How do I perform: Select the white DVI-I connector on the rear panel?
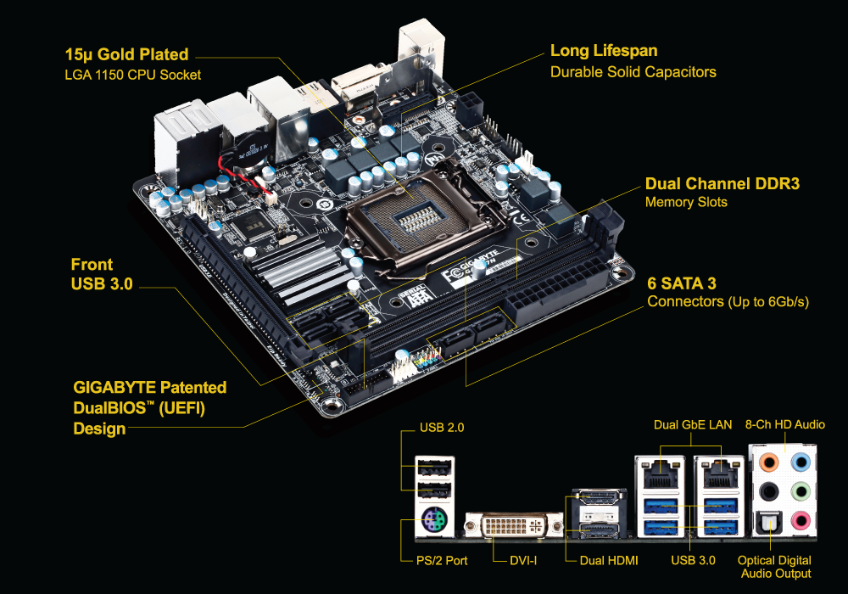pos(514,524)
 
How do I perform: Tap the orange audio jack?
pos(768,463)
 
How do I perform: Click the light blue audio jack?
pos(801,463)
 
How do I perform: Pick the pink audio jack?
pos(801,522)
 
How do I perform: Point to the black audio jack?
pos(768,492)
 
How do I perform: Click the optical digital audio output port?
pos(768,522)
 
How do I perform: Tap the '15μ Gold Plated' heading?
pos(126,54)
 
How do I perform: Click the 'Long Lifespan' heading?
pos(604,51)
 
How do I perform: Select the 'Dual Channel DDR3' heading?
pos(722,184)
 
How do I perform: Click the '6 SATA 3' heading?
pos(682,283)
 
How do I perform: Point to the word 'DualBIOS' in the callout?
pos(110,408)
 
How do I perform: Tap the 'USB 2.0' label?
pos(442,428)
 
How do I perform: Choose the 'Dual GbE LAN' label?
pos(693,425)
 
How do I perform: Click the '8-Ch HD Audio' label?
pos(784,424)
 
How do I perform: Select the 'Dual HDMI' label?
pos(609,561)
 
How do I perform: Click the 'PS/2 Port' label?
pos(442,561)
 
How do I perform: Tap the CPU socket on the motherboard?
pos(421,219)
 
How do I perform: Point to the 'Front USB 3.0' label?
pos(102,274)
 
